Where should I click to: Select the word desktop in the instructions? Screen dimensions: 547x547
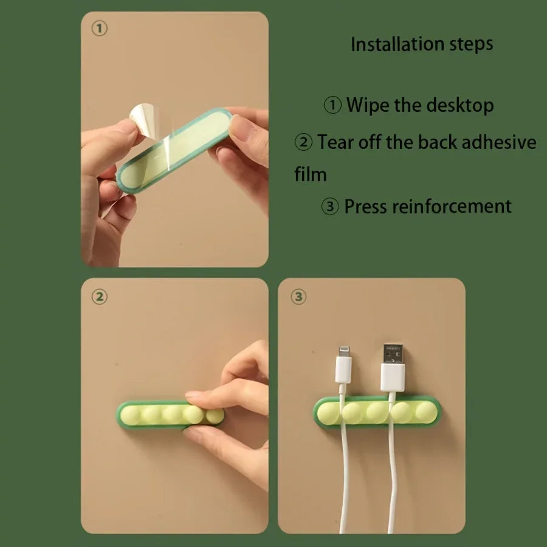(x=459, y=105)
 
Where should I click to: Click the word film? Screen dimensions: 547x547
(x=311, y=174)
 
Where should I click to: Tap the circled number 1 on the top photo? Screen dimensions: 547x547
(x=100, y=29)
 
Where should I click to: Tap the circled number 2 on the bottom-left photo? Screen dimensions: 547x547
(x=100, y=297)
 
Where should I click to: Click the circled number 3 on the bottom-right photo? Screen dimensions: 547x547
(x=298, y=297)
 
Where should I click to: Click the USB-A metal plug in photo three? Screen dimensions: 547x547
(x=393, y=354)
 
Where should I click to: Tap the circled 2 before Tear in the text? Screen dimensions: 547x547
(x=304, y=143)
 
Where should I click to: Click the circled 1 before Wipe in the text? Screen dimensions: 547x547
(x=332, y=106)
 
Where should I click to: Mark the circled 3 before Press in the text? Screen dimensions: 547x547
(x=329, y=207)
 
